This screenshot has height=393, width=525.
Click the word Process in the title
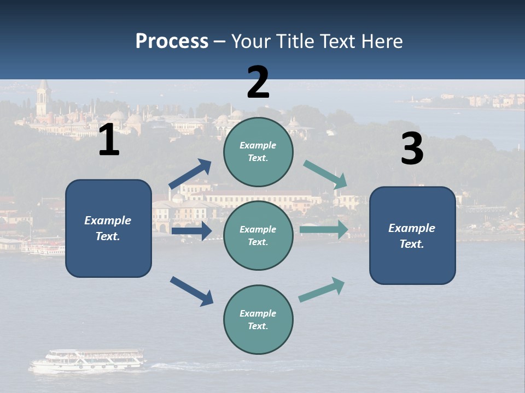(x=172, y=41)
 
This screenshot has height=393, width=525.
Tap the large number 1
(x=109, y=140)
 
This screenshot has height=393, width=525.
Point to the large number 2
(x=258, y=82)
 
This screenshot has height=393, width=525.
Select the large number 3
(x=412, y=149)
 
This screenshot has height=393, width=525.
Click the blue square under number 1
(x=108, y=228)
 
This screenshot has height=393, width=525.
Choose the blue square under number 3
(x=412, y=235)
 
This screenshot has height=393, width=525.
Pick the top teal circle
(x=258, y=152)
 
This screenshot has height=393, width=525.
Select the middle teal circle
(x=258, y=235)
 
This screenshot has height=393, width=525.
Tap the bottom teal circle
(x=258, y=319)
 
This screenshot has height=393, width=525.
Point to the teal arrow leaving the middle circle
(x=324, y=229)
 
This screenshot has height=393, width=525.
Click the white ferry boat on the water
(x=87, y=361)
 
